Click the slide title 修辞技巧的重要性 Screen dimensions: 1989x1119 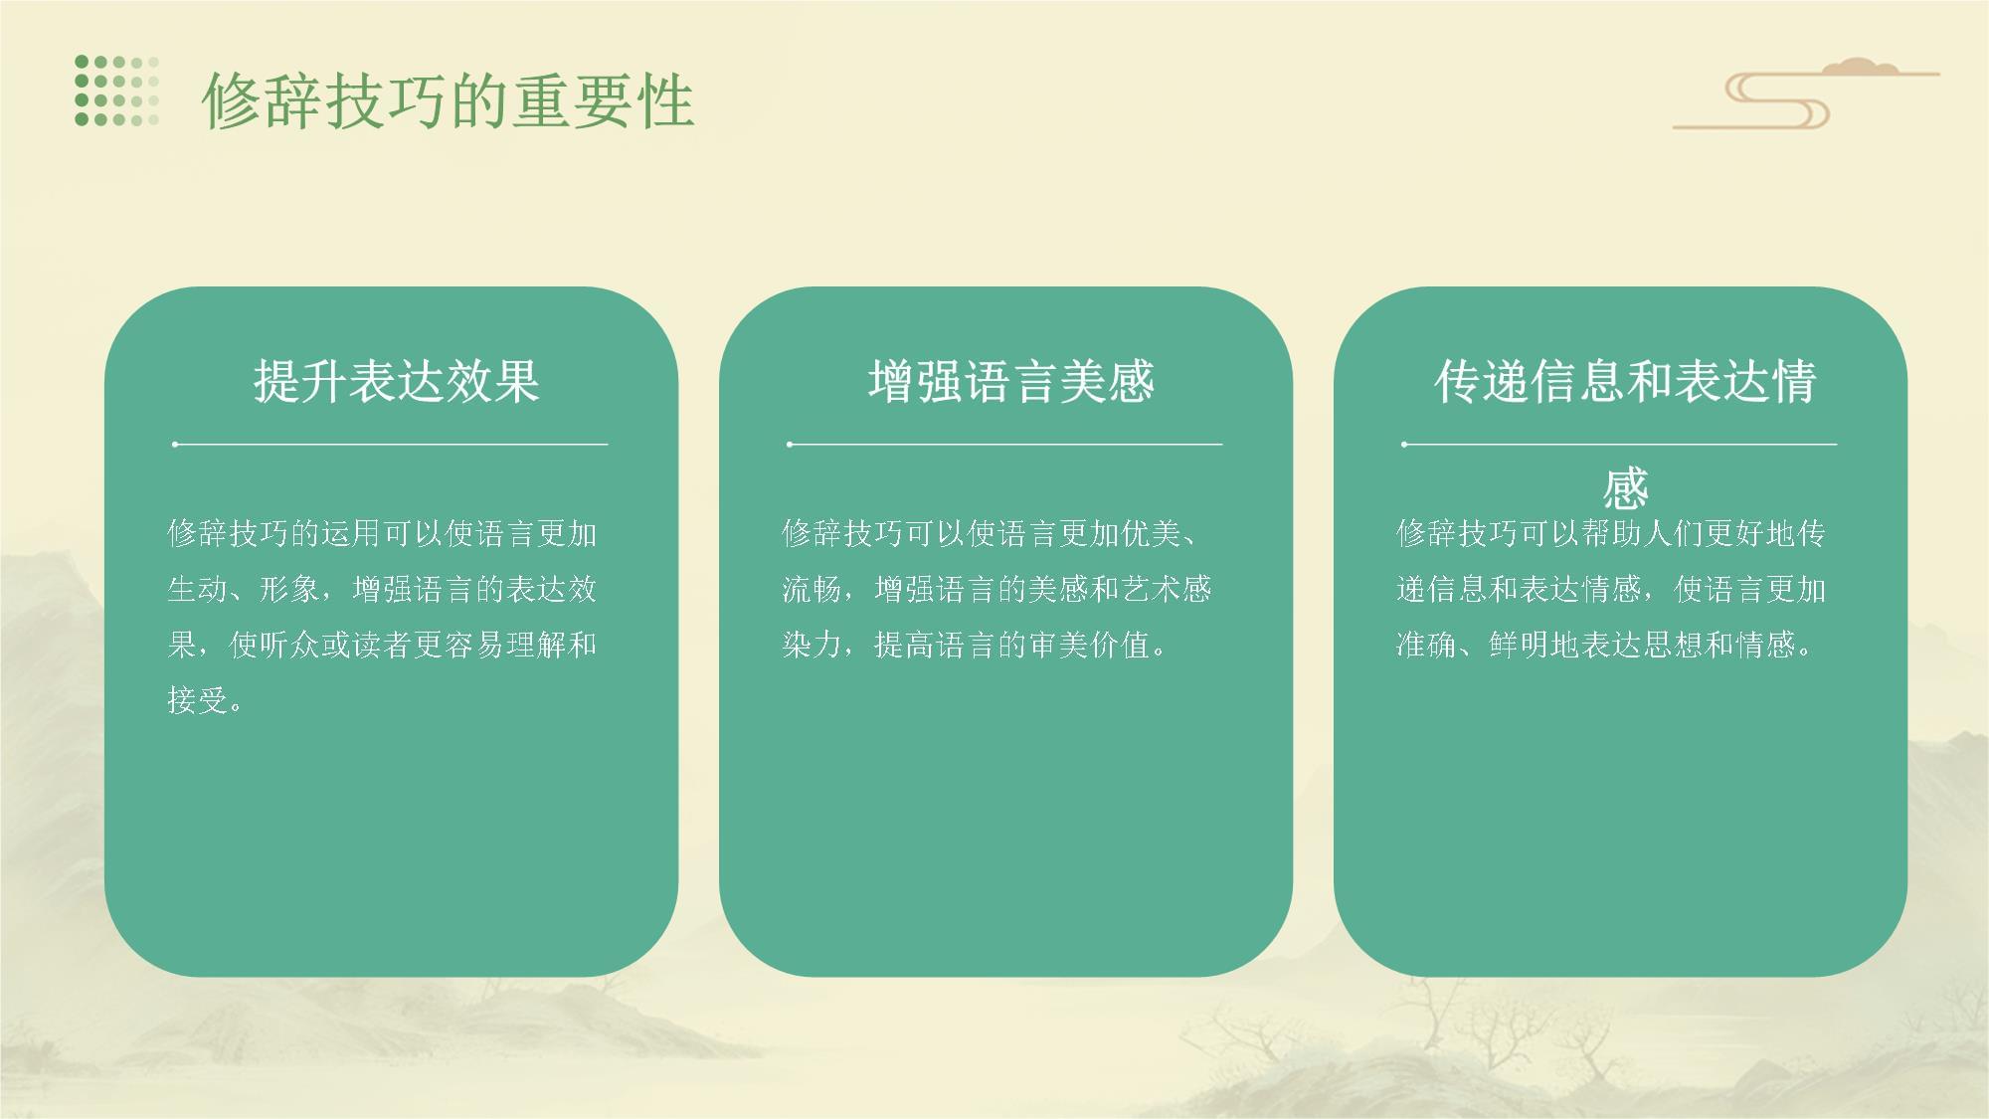[x=448, y=100]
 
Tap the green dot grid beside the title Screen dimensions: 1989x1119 [x=116, y=91]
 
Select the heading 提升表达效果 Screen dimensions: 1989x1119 [x=396, y=381]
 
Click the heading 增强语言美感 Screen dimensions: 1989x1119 [x=1010, y=381]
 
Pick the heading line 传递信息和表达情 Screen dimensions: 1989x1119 [x=1625, y=381]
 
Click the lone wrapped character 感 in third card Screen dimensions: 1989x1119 [x=1625, y=488]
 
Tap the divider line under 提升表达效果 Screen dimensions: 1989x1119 [x=390, y=444]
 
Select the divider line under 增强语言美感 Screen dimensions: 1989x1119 [x=1004, y=444]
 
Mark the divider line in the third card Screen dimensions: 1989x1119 [x=1619, y=444]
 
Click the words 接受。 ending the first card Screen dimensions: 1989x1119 [x=205, y=700]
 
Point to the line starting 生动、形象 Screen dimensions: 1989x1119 [x=382, y=589]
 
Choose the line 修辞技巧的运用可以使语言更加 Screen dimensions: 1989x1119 [x=382, y=533]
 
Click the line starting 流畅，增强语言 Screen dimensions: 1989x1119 [x=996, y=589]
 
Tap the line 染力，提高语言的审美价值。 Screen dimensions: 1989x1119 [x=976, y=645]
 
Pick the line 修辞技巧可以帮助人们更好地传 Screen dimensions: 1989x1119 [x=1611, y=533]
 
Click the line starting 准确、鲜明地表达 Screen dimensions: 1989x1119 [x=1606, y=645]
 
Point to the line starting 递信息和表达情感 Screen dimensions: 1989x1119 [x=1611, y=589]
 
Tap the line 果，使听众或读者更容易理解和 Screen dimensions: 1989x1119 [x=382, y=645]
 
